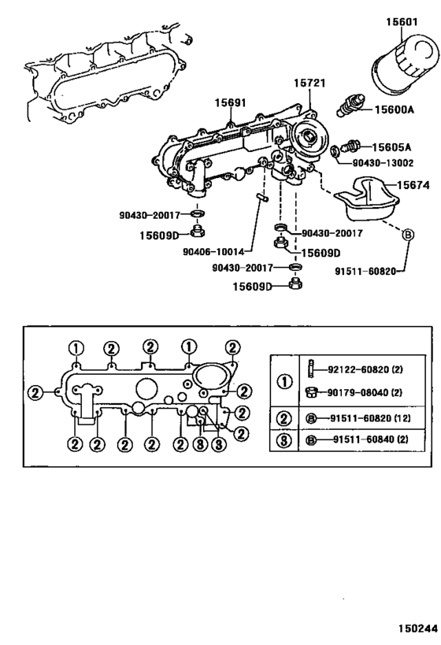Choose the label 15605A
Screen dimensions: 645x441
click(392, 146)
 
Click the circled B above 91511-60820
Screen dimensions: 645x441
click(408, 234)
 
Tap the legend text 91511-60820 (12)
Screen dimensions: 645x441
click(370, 418)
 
